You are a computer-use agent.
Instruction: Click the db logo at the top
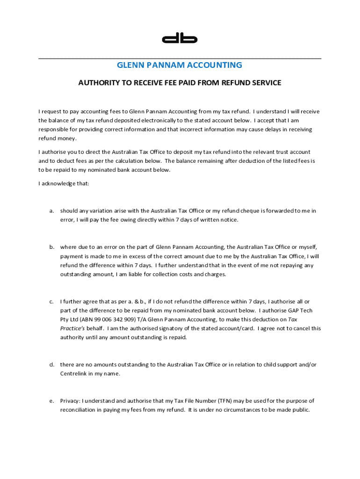point(180,39)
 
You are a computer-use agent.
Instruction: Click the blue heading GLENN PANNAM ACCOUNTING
point(180,65)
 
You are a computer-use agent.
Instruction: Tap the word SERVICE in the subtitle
point(266,83)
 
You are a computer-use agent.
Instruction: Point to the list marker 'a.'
point(52,211)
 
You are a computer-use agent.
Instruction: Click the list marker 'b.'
point(52,247)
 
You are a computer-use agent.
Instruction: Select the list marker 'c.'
point(52,302)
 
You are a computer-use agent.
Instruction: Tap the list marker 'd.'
point(52,364)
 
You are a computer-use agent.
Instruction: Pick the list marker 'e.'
point(52,401)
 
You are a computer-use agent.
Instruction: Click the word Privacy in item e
point(70,401)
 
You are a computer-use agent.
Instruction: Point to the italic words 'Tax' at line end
point(293,319)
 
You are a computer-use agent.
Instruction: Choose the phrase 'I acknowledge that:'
point(64,184)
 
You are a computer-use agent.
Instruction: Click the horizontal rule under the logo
point(180,58)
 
